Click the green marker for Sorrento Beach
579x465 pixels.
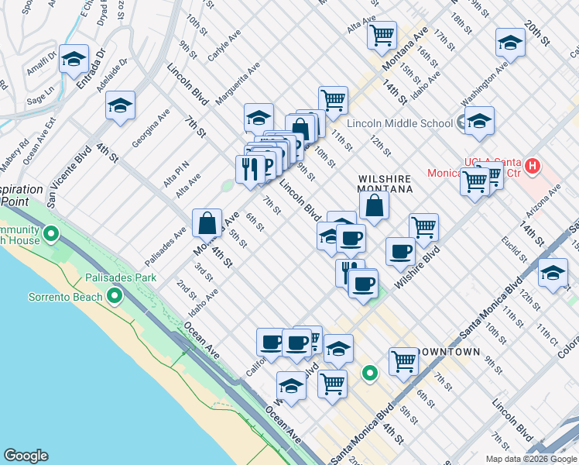coord(115,296)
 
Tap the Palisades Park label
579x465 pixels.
coord(125,277)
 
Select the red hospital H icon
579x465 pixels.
coord(532,165)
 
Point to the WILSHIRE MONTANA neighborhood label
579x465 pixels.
coord(385,183)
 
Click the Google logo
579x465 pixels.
coord(26,456)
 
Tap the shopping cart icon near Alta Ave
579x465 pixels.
coord(382,35)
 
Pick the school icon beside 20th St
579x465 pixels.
coord(510,43)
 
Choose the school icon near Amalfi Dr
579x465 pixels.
coord(74,59)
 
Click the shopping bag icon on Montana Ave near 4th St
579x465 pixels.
coord(207,223)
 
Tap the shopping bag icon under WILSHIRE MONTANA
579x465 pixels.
coord(374,205)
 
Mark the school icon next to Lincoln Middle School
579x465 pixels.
coord(479,121)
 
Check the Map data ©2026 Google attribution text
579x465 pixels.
coord(530,459)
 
